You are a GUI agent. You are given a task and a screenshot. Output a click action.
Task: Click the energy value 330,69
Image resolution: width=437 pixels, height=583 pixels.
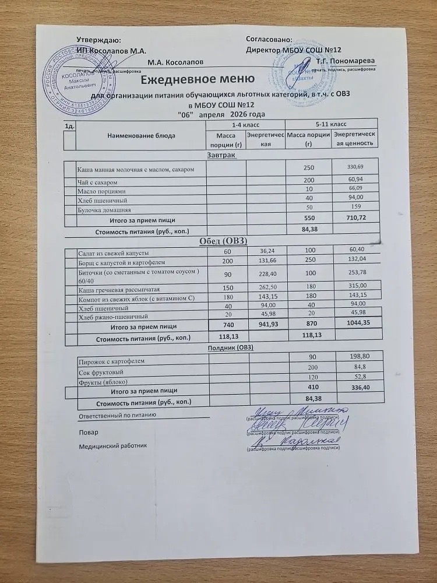[355, 167]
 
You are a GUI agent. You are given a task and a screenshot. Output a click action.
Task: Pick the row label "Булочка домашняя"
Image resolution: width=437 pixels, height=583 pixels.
[105, 209]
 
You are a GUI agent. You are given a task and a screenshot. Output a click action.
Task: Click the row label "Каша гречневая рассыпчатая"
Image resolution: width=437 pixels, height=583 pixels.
[118, 289]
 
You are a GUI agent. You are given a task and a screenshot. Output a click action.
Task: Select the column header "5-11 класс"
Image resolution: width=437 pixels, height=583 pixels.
[330, 125]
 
